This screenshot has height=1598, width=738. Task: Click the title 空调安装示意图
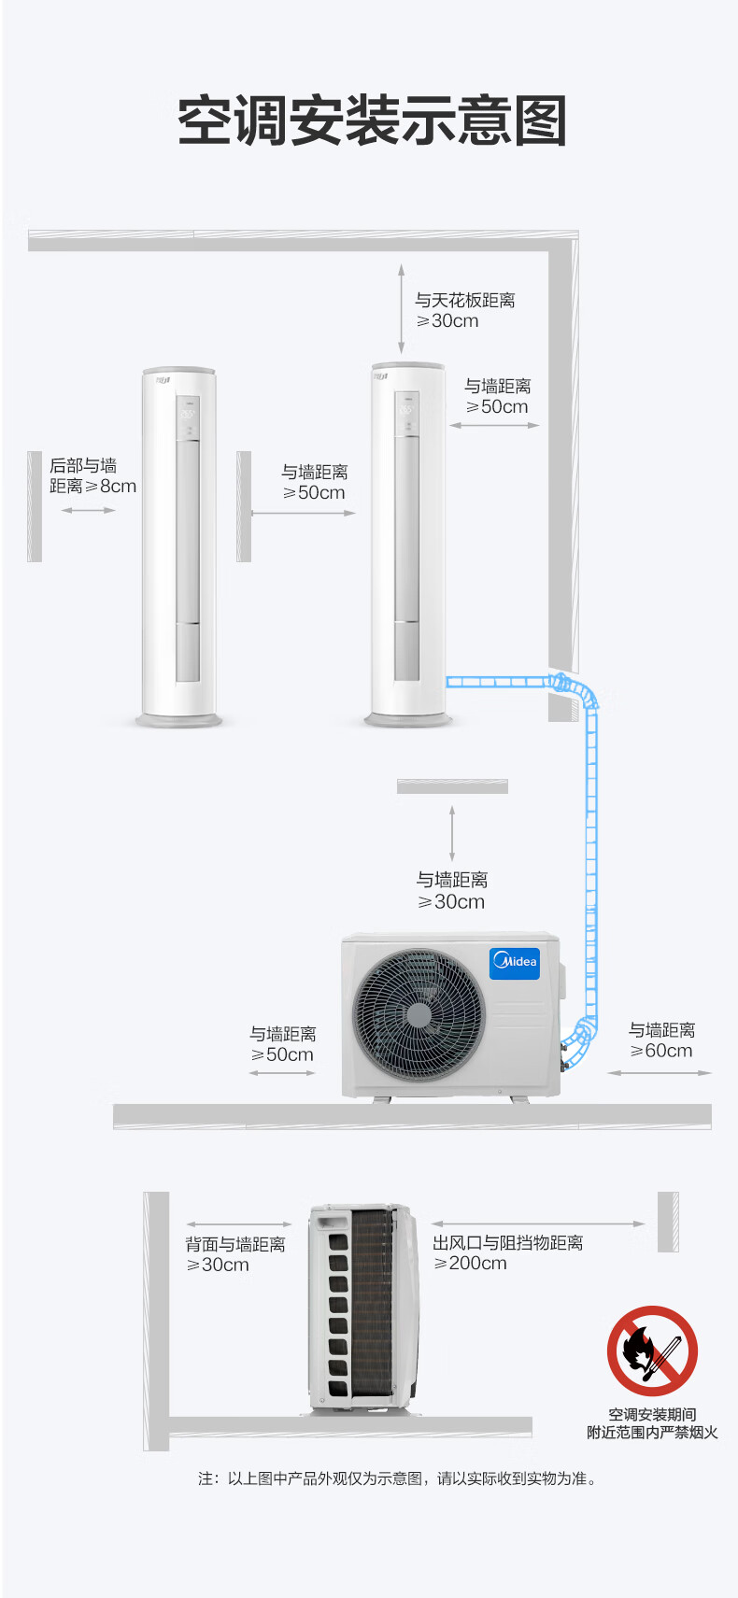click(x=372, y=120)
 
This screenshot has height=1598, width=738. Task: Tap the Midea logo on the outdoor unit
click(x=515, y=963)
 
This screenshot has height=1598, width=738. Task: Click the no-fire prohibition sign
click(x=652, y=1351)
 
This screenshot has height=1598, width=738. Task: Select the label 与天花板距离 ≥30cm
click(x=464, y=310)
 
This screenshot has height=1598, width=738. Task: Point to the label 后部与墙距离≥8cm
click(x=92, y=475)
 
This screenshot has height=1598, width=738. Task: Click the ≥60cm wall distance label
click(x=661, y=1040)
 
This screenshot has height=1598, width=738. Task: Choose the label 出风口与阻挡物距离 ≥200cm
click(x=507, y=1252)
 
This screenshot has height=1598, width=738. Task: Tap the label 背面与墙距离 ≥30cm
click(x=234, y=1254)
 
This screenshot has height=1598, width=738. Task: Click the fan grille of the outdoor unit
click(x=419, y=1014)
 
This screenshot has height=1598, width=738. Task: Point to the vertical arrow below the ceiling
click(x=401, y=309)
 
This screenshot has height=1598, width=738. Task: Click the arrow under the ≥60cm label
click(x=660, y=1072)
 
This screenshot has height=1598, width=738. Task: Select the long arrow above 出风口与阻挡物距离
click(x=538, y=1223)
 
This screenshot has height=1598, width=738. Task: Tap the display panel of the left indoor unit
click(x=188, y=417)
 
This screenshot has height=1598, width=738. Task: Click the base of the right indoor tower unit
click(x=407, y=720)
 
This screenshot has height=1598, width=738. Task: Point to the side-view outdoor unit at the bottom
click(x=363, y=1307)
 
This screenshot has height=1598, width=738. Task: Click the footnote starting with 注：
click(x=397, y=1478)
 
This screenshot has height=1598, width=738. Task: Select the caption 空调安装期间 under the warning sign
click(x=652, y=1414)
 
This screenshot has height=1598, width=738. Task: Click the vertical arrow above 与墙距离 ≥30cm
click(x=452, y=834)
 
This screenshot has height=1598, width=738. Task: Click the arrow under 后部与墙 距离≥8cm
click(x=89, y=510)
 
